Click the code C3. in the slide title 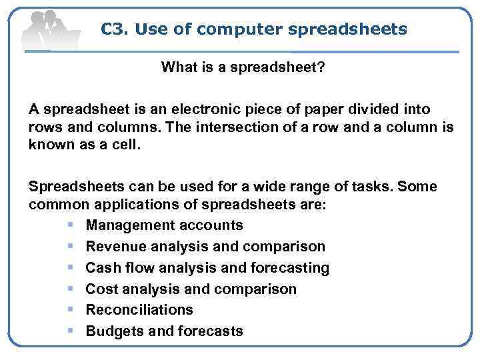coord(114,29)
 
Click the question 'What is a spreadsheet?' coord(243,67)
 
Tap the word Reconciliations coord(139,309)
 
